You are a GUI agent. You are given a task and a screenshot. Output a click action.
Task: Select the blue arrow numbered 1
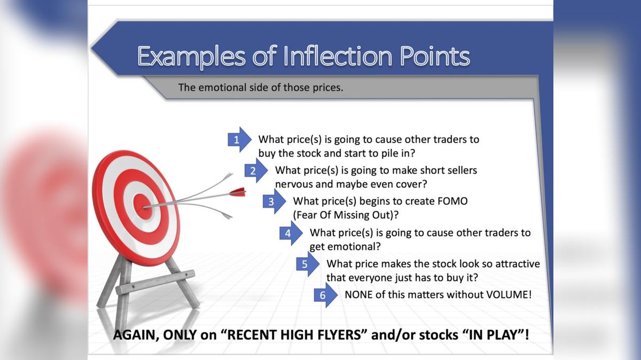(238, 140)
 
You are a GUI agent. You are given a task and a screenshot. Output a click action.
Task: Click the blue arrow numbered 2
(255, 171)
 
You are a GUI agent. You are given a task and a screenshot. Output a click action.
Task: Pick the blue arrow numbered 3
(273, 202)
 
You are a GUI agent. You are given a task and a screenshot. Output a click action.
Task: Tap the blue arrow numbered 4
(290, 233)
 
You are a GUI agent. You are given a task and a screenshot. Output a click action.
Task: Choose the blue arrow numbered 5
(307, 264)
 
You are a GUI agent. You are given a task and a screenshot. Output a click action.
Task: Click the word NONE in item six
(358, 294)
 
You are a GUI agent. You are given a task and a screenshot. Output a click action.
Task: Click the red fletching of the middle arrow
(237, 191)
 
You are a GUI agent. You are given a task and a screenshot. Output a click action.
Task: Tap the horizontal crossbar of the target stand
(155, 282)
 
